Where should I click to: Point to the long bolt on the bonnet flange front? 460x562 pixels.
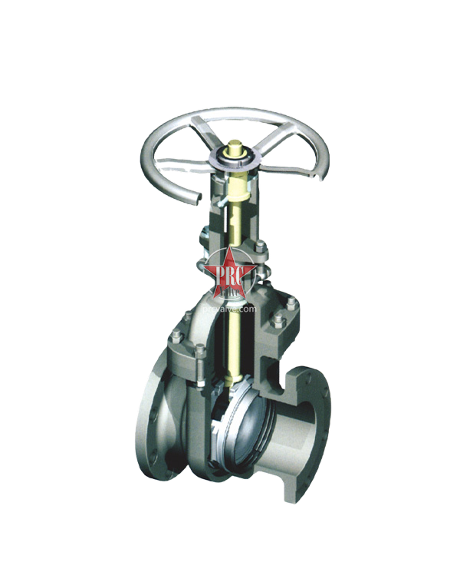pos(201,361)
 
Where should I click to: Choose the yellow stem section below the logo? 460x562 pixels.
pos(230,338)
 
